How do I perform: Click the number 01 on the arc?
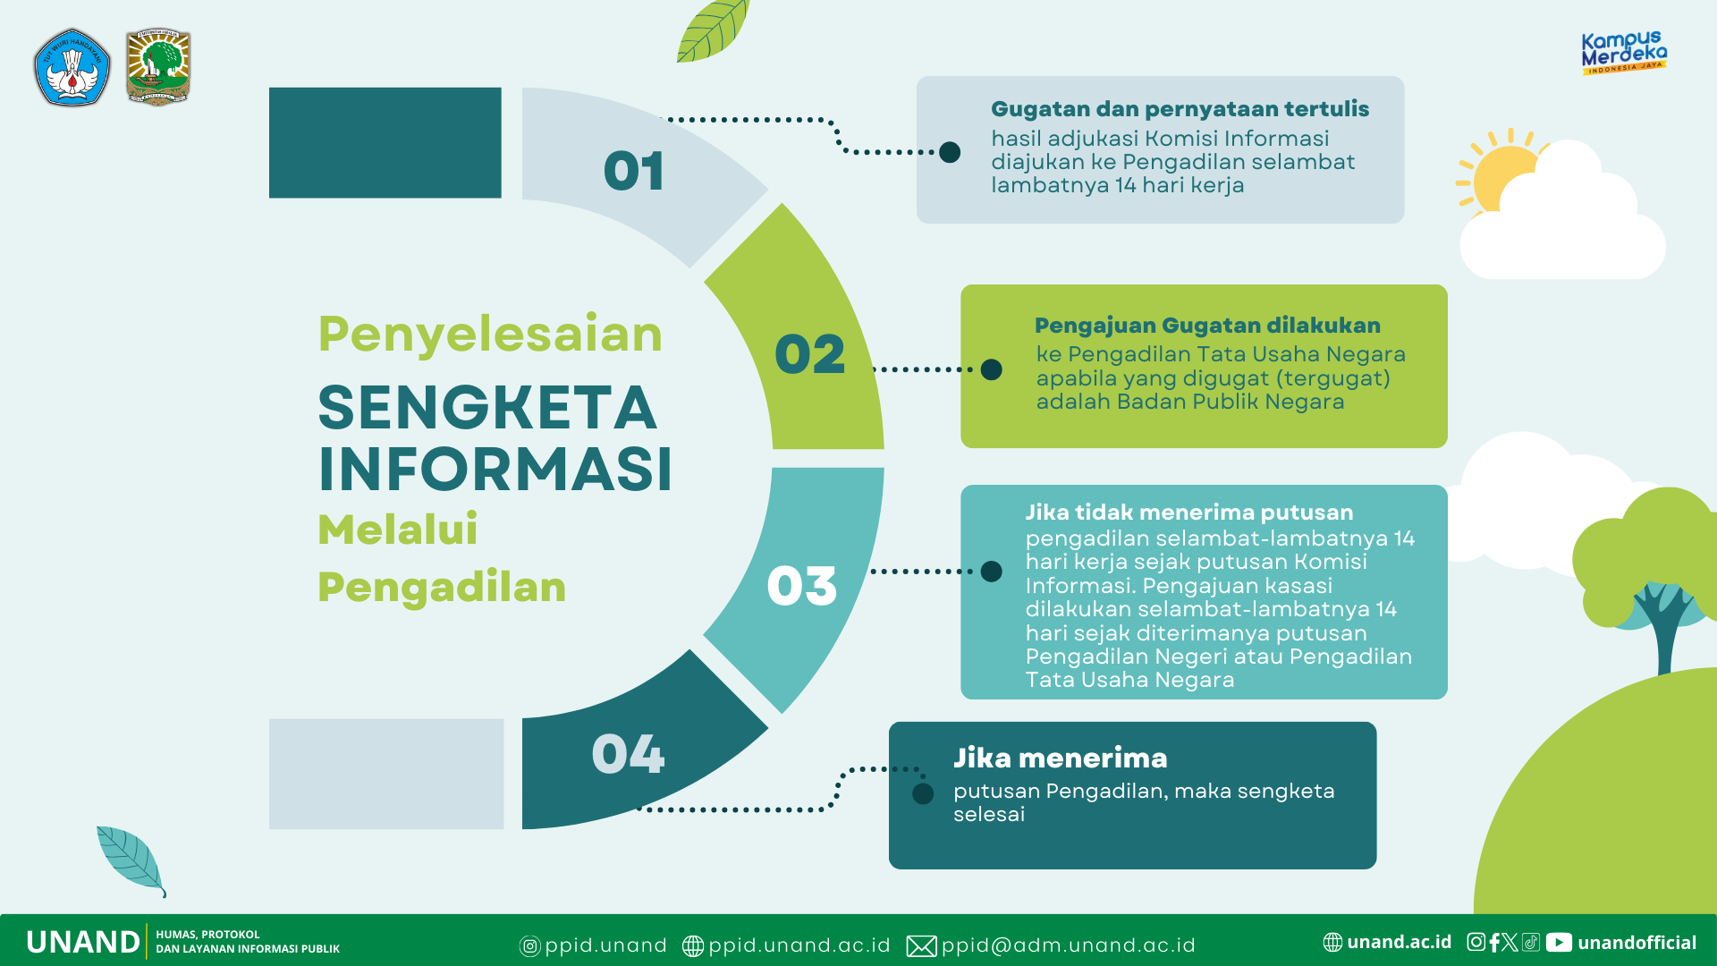point(634,171)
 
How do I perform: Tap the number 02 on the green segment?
point(809,354)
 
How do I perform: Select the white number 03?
point(802,586)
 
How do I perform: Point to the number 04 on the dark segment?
point(628,753)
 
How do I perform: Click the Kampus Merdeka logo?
point(1624,53)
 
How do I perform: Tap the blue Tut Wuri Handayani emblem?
point(72,67)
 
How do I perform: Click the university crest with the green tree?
point(158,67)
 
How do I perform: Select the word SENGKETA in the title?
point(487,408)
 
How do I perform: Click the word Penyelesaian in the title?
point(490,335)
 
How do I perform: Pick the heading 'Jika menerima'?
point(1060,758)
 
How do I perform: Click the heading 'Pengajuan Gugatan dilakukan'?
point(1207,326)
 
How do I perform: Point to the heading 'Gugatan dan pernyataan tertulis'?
point(1180,109)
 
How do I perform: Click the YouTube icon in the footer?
point(1559,942)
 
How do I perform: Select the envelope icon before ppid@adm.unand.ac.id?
point(921,945)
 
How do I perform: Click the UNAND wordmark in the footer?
point(83,942)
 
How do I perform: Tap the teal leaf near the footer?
point(131,860)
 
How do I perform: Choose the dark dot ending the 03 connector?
point(991,572)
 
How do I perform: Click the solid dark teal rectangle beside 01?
point(385,142)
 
